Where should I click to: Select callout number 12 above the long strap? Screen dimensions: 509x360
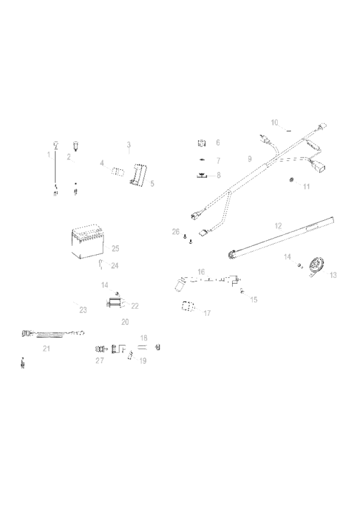click(278, 226)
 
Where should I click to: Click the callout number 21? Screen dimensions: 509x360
click(46, 348)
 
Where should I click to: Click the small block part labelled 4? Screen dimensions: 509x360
click(118, 171)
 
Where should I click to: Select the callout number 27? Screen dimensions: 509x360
click(99, 361)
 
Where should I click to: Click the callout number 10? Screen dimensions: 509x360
click(274, 122)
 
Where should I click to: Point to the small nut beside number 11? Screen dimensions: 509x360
click(291, 180)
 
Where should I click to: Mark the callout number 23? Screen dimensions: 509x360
click(82, 310)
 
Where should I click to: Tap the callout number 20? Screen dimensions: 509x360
click(125, 321)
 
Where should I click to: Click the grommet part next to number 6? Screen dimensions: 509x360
click(201, 142)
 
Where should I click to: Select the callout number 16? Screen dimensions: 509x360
click(201, 272)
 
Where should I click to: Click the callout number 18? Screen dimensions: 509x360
click(143, 338)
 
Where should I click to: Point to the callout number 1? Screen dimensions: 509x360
click(48, 154)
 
